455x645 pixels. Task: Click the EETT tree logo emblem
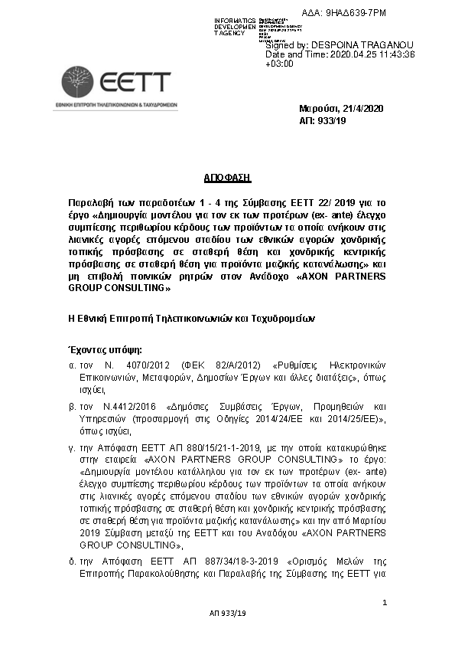pyautogui.click(x=78, y=82)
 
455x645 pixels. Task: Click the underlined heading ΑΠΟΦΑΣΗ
pyautogui.click(x=227, y=178)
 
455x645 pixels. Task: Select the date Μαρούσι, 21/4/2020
pyautogui.click(x=340, y=109)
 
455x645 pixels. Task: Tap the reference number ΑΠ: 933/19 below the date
pyautogui.click(x=322, y=120)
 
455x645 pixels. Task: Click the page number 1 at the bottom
pyautogui.click(x=385, y=604)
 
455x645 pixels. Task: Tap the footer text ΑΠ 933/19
pyautogui.click(x=227, y=614)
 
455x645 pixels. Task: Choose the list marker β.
pyautogui.click(x=72, y=407)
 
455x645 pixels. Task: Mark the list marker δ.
pyautogui.click(x=72, y=563)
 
